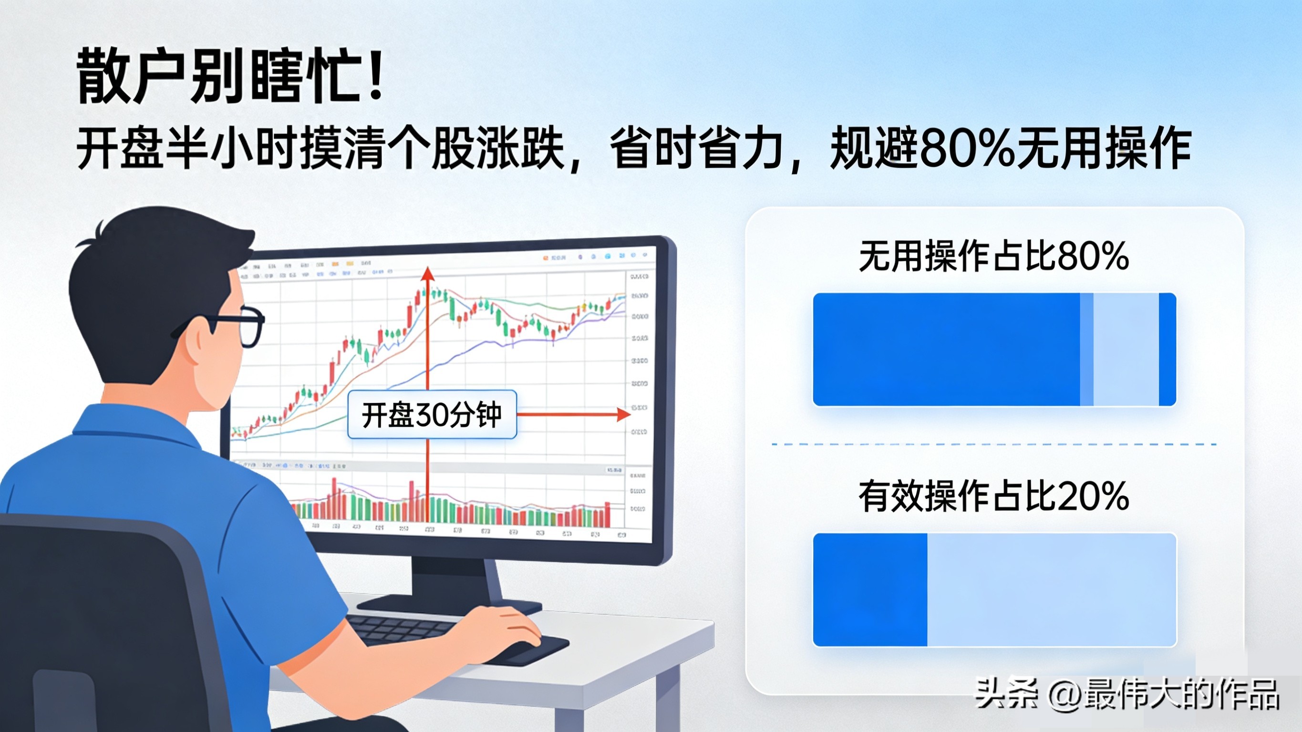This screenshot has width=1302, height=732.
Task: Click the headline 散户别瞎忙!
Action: coord(230,76)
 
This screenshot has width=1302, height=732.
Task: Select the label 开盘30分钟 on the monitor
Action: coord(432,414)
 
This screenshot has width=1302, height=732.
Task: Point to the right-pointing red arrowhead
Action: coord(625,414)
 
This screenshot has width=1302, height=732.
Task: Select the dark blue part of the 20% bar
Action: coord(870,589)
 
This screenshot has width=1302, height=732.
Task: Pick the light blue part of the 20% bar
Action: coord(1051,589)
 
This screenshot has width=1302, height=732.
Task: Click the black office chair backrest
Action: coord(101,622)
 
